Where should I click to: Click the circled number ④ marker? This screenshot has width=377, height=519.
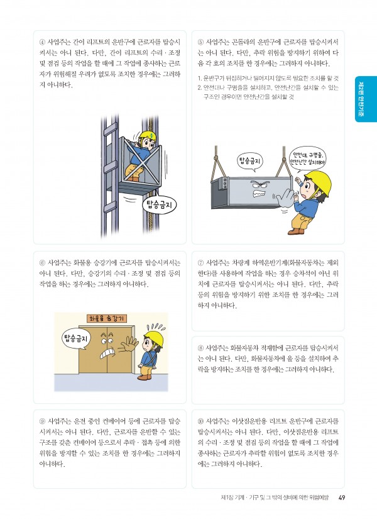click(x=42, y=42)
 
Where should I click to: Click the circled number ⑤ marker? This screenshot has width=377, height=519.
click(x=200, y=42)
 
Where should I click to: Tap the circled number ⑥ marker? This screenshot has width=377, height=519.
click(x=42, y=263)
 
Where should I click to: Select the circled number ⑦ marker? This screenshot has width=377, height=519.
click(x=200, y=263)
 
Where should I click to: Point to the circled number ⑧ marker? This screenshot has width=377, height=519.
click(x=200, y=348)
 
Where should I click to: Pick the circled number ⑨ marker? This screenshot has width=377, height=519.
click(x=42, y=421)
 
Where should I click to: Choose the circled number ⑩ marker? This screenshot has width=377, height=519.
click(x=200, y=421)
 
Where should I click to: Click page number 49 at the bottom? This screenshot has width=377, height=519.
click(x=342, y=498)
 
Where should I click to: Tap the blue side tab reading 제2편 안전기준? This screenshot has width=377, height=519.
click(x=366, y=99)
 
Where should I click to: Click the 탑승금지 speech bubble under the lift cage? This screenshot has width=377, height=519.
click(x=159, y=206)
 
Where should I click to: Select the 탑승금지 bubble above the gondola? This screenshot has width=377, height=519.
click(x=250, y=161)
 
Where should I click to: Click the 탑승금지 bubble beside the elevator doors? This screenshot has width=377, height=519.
click(x=76, y=339)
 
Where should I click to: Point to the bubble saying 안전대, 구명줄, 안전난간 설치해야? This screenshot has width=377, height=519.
click(x=307, y=160)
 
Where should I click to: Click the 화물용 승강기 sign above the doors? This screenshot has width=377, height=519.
click(x=107, y=318)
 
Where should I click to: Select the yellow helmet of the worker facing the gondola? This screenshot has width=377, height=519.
click(x=319, y=181)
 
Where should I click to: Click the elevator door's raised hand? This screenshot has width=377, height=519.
click(x=128, y=345)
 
